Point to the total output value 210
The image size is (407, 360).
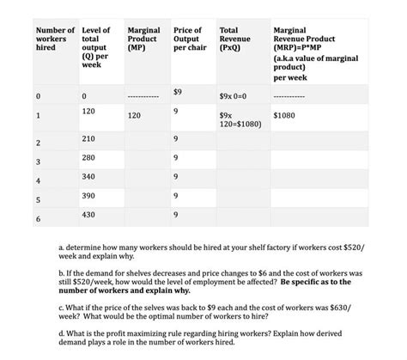tap(88, 137)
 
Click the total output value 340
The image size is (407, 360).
tap(88, 176)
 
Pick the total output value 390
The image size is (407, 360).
tap(88, 195)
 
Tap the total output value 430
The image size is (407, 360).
tap(88, 213)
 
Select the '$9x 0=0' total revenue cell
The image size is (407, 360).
tap(234, 94)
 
